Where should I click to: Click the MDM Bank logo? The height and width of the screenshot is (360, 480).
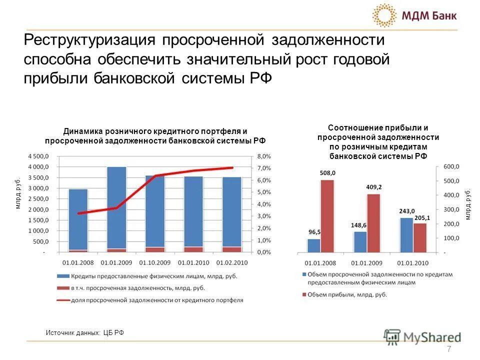click(415, 15)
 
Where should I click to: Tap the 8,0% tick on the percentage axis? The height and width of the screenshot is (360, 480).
click(264, 156)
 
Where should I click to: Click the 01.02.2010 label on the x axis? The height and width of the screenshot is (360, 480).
click(231, 261)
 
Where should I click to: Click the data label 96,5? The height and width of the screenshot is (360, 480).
click(314, 232)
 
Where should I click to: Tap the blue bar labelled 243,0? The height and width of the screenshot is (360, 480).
click(406, 234)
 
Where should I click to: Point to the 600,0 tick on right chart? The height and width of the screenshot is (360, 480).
click(451, 166)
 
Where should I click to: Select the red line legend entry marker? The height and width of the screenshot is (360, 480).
click(68, 300)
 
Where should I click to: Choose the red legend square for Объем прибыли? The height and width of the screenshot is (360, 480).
click(304, 295)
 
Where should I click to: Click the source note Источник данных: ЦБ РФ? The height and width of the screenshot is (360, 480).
click(84, 332)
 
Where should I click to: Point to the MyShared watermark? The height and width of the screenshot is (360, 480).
click(422, 337)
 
